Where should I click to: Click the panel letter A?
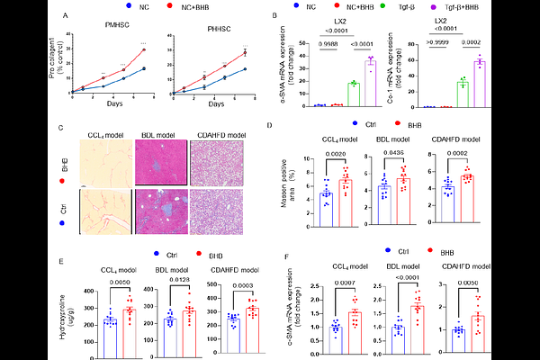pyautogui.click(x=59, y=15)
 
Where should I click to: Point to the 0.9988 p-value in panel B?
pyautogui.click(x=325, y=42)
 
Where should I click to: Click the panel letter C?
pyautogui.click(x=59, y=128)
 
